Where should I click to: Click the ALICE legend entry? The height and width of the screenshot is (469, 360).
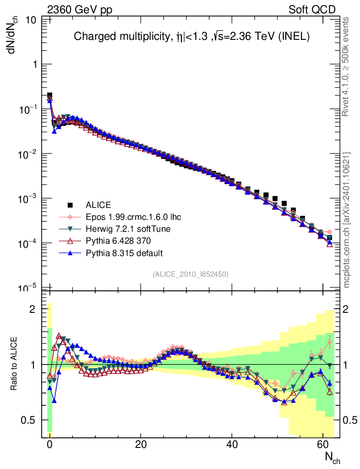tap(98, 205)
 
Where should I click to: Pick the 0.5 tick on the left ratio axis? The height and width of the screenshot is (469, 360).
tap(30, 420)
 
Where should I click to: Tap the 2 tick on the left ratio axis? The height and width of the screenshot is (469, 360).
tap(33, 309)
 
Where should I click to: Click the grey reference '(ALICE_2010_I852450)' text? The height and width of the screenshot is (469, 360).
tap(190, 274)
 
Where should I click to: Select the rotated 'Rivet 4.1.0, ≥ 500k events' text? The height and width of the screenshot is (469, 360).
tap(347, 66)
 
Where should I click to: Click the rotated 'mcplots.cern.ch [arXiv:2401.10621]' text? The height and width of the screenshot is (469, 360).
tap(347, 220)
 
